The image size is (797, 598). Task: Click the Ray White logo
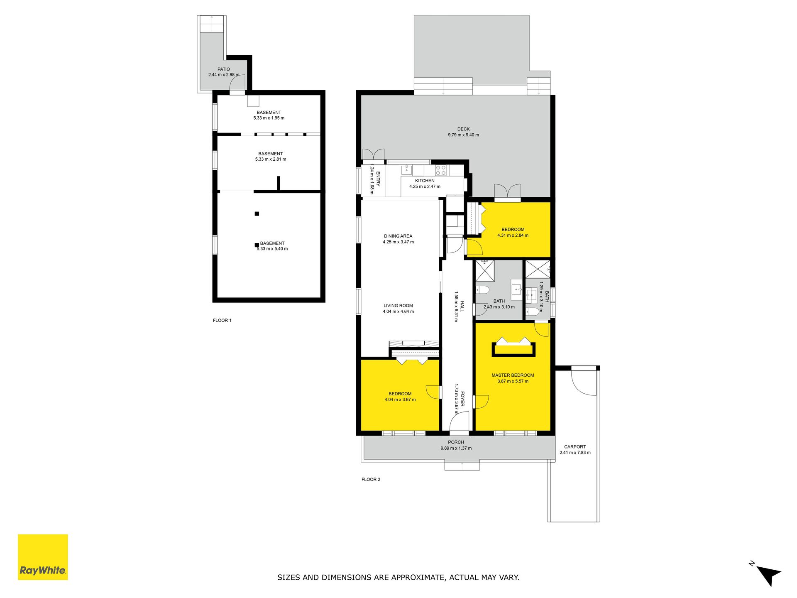click(x=43, y=557)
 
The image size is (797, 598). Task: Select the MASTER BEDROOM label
click(x=513, y=375)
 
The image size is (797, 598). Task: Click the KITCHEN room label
click(x=425, y=181)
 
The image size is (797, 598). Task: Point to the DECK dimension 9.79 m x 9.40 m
click(x=463, y=135)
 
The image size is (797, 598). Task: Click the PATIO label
click(x=224, y=69)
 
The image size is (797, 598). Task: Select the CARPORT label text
click(x=575, y=447)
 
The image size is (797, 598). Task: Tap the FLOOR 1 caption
click(x=222, y=320)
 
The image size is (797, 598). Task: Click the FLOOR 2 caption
click(x=371, y=479)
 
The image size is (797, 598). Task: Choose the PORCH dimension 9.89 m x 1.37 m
click(x=456, y=448)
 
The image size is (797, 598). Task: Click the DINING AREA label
click(x=398, y=236)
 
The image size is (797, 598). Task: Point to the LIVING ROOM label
click(x=398, y=306)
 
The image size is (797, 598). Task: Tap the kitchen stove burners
click(x=441, y=170)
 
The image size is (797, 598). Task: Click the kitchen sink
click(x=407, y=169)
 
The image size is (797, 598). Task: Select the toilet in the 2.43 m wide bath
click(x=483, y=289)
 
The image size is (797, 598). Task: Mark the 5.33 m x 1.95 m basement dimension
click(x=269, y=118)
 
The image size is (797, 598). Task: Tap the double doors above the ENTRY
click(x=373, y=154)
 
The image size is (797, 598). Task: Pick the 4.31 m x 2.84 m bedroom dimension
click(x=513, y=235)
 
